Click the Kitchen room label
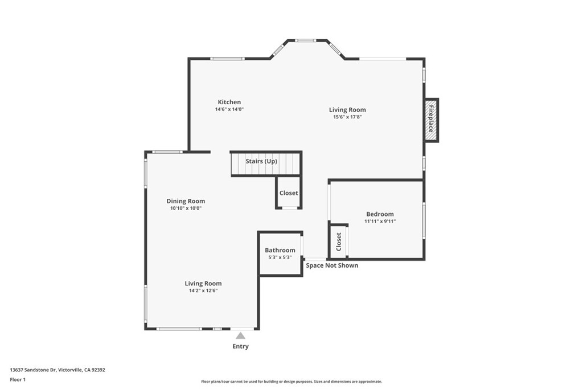[x=229, y=102]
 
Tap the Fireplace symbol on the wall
[x=432, y=120]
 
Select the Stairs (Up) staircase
[x=266, y=163]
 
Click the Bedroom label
[x=380, y=214]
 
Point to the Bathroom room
[x=280, y=253]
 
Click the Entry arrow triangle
[x=241, y=335]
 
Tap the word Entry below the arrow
[x=241, y=346]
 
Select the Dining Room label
[x=186, y=201]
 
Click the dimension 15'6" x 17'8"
[x=347, y=117]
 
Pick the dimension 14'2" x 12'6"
[x=203, y=290]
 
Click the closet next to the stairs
[x=289, y=193]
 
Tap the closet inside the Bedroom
[x=338, y=241]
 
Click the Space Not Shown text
[x=332, y=265]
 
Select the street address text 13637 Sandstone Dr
[x=33, y=370]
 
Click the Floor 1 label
[x=18, y=380]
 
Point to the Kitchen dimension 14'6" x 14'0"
[x=229, y=109]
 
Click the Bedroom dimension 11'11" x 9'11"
[x=380, y=222]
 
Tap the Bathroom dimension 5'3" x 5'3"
[x=280, y=257]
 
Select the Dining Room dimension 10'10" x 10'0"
[x=186, y=208]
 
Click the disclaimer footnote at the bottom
[x=291, y=382]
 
